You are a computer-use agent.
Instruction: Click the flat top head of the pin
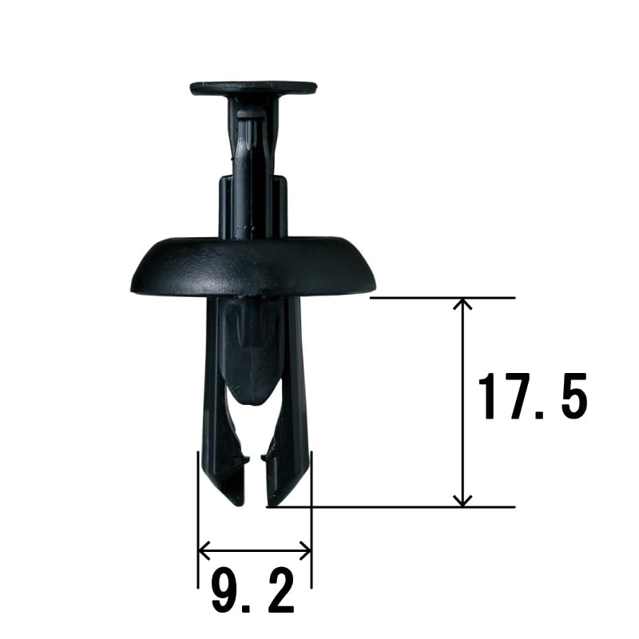(253, 88)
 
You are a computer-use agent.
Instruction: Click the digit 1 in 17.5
(488, 396)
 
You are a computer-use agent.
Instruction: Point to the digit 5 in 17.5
(573, 396)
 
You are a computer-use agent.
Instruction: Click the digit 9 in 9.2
(227, 591)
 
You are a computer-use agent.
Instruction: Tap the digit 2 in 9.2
(278, 591)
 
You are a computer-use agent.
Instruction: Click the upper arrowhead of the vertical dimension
(462, 304)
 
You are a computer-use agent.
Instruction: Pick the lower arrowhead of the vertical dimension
(462, 501)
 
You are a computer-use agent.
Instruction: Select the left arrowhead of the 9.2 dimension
(204, 551)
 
